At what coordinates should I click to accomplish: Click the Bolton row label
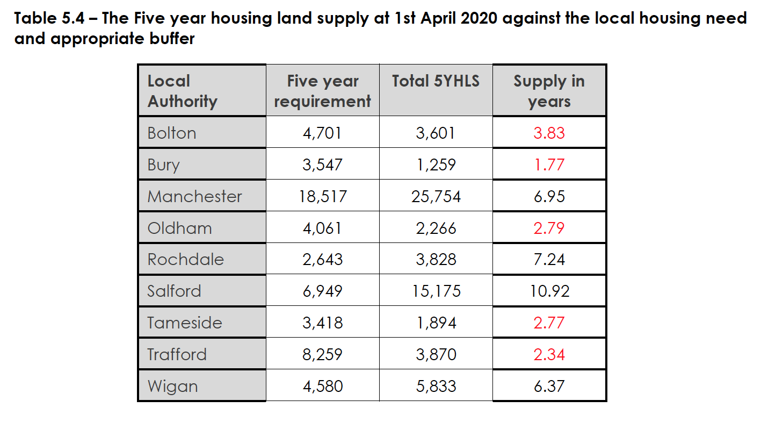coord(172,133)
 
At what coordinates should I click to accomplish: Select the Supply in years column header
coord(549,91)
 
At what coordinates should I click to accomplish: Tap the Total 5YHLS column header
coord(436,81)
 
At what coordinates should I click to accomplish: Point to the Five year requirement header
coord(322,91)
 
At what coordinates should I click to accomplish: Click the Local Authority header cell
coord(182,91)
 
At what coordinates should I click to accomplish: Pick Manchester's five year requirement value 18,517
coord(322,196)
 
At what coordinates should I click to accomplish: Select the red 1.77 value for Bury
coord(549,165)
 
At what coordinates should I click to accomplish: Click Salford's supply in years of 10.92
coord(549,291)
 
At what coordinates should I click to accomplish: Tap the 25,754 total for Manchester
coord(436,196)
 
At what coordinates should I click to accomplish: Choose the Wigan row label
coord(172,386)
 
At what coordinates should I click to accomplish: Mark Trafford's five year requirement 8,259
coord(322,354)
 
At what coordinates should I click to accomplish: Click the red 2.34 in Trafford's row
coord(549,354)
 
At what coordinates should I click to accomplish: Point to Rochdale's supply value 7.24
coord(549,259)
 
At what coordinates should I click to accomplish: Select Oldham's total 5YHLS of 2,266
coord(436,228)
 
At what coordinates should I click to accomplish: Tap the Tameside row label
coord(184,323)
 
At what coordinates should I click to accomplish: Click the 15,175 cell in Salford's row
coord(436,291)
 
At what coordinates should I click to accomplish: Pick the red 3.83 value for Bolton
coord(549,133)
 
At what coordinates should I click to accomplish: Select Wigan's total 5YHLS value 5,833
coord(436,386)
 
